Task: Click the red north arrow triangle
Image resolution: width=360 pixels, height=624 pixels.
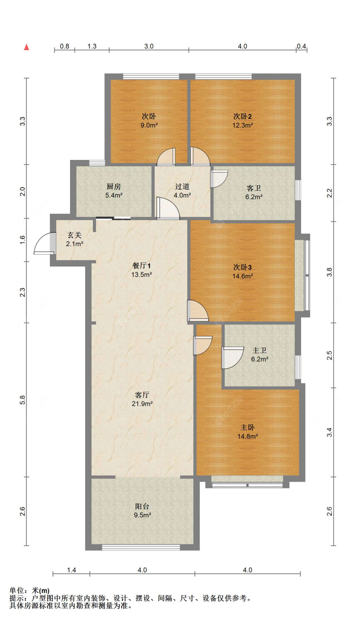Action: (27, 47)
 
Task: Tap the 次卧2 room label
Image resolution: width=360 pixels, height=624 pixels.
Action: (242, 116)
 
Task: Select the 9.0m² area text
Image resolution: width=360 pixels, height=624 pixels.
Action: (149, 125)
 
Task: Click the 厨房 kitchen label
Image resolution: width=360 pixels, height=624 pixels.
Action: (114, 186)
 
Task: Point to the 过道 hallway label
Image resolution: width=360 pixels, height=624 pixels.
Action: (182, 186)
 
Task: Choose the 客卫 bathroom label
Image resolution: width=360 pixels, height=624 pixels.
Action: (254, 188)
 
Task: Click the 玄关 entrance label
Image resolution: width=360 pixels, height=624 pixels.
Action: (75, 235)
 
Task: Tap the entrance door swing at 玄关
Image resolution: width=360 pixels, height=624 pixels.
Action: (44, 244)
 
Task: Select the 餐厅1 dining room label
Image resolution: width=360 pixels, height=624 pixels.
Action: (141, 265)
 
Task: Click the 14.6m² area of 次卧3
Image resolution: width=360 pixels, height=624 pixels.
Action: (242, 276)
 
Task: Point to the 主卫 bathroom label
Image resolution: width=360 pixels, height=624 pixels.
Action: (259, 351)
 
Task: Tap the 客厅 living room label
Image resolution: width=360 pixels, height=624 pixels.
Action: (142, 395)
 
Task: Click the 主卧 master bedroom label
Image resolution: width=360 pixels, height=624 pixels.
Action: (247, 427)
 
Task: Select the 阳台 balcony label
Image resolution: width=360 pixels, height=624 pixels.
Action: (142, 506)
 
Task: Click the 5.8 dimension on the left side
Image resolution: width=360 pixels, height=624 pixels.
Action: (22, 400)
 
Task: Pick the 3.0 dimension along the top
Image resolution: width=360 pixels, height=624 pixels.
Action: (149, 46)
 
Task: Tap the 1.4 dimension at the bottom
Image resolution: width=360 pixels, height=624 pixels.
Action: (71, 570)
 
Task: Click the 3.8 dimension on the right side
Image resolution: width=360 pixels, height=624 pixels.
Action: (329, 272)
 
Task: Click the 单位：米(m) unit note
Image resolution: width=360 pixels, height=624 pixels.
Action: (29, 590)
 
